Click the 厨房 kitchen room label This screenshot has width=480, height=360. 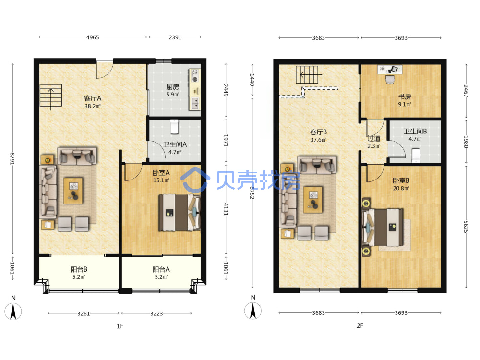tap(173, 87)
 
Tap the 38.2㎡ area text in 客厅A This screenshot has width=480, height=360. tap(93, 106)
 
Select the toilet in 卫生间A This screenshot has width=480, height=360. tap(175, 126)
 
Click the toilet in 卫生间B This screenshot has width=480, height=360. tap(416, 155)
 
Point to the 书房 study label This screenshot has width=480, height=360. tap(404, 97)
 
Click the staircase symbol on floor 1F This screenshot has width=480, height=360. tap(51, 96)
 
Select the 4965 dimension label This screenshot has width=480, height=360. tap(93, 37)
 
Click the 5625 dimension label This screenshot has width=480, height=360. tap(466, 227)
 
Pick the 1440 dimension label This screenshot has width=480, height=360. tap(252, 79)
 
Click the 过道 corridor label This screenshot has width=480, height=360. tap(374, 139)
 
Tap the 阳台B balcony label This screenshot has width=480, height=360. tap(79, 269)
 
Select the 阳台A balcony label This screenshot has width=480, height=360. tap(161, 269)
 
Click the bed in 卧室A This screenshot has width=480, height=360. tap(180, 213)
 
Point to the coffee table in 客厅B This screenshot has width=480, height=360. tap(313, 200)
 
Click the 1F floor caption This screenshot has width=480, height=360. tap(120, 326)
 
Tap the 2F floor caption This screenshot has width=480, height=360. tap(360, 326)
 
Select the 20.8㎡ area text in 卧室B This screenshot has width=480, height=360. tap(401, 188)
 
